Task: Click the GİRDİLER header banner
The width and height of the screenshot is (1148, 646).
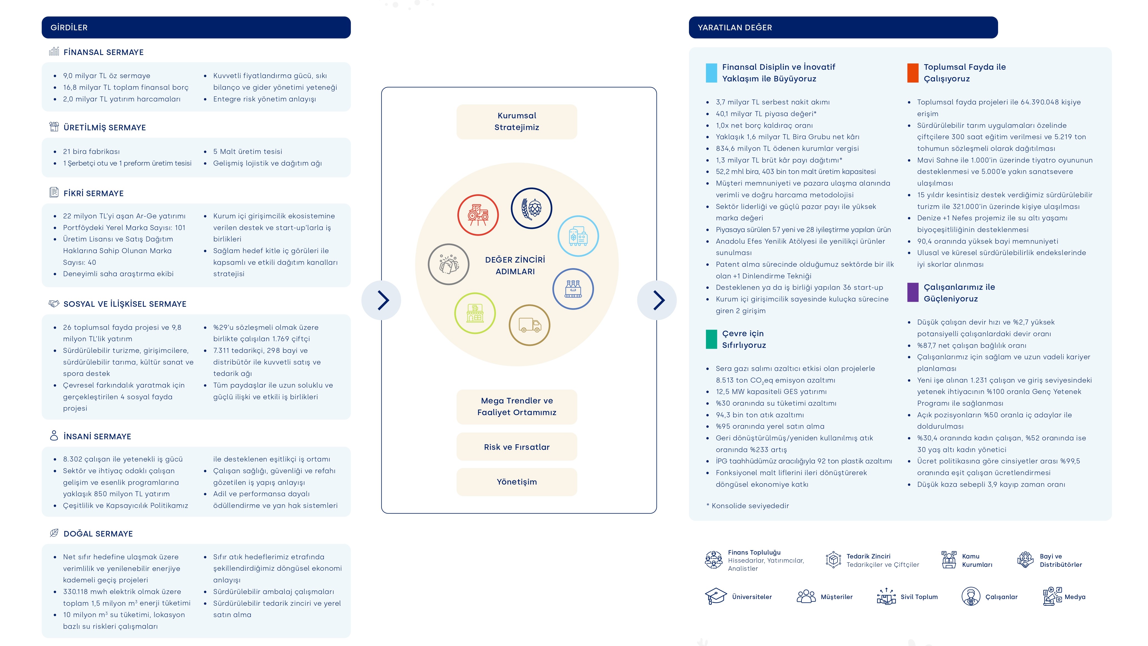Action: click(196, 27)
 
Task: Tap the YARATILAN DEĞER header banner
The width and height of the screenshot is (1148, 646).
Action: click(843, 27)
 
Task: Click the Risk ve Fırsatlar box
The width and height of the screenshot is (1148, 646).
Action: click(517, 447)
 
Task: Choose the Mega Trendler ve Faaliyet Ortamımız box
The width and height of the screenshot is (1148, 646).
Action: click(517, 406)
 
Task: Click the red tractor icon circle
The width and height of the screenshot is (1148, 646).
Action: click(478, 215)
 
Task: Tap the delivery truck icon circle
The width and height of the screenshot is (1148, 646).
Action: click(530, 325)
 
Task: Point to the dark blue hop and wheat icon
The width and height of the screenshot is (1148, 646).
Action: click(531, 208)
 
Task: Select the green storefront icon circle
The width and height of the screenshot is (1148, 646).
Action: click(475, 313)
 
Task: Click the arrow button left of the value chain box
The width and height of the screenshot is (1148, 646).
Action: click(382, 300)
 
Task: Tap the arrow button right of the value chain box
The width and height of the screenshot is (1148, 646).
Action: click(657, 300)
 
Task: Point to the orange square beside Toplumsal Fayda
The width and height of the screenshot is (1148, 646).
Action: click(913, 73)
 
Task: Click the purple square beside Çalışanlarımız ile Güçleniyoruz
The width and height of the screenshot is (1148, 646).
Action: click(913, 293)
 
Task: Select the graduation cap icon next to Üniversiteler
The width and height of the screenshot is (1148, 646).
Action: click(716, 596)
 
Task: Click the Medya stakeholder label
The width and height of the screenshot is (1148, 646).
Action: click(1075, 597)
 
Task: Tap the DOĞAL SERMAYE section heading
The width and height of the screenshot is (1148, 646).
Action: click(98, 534)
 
